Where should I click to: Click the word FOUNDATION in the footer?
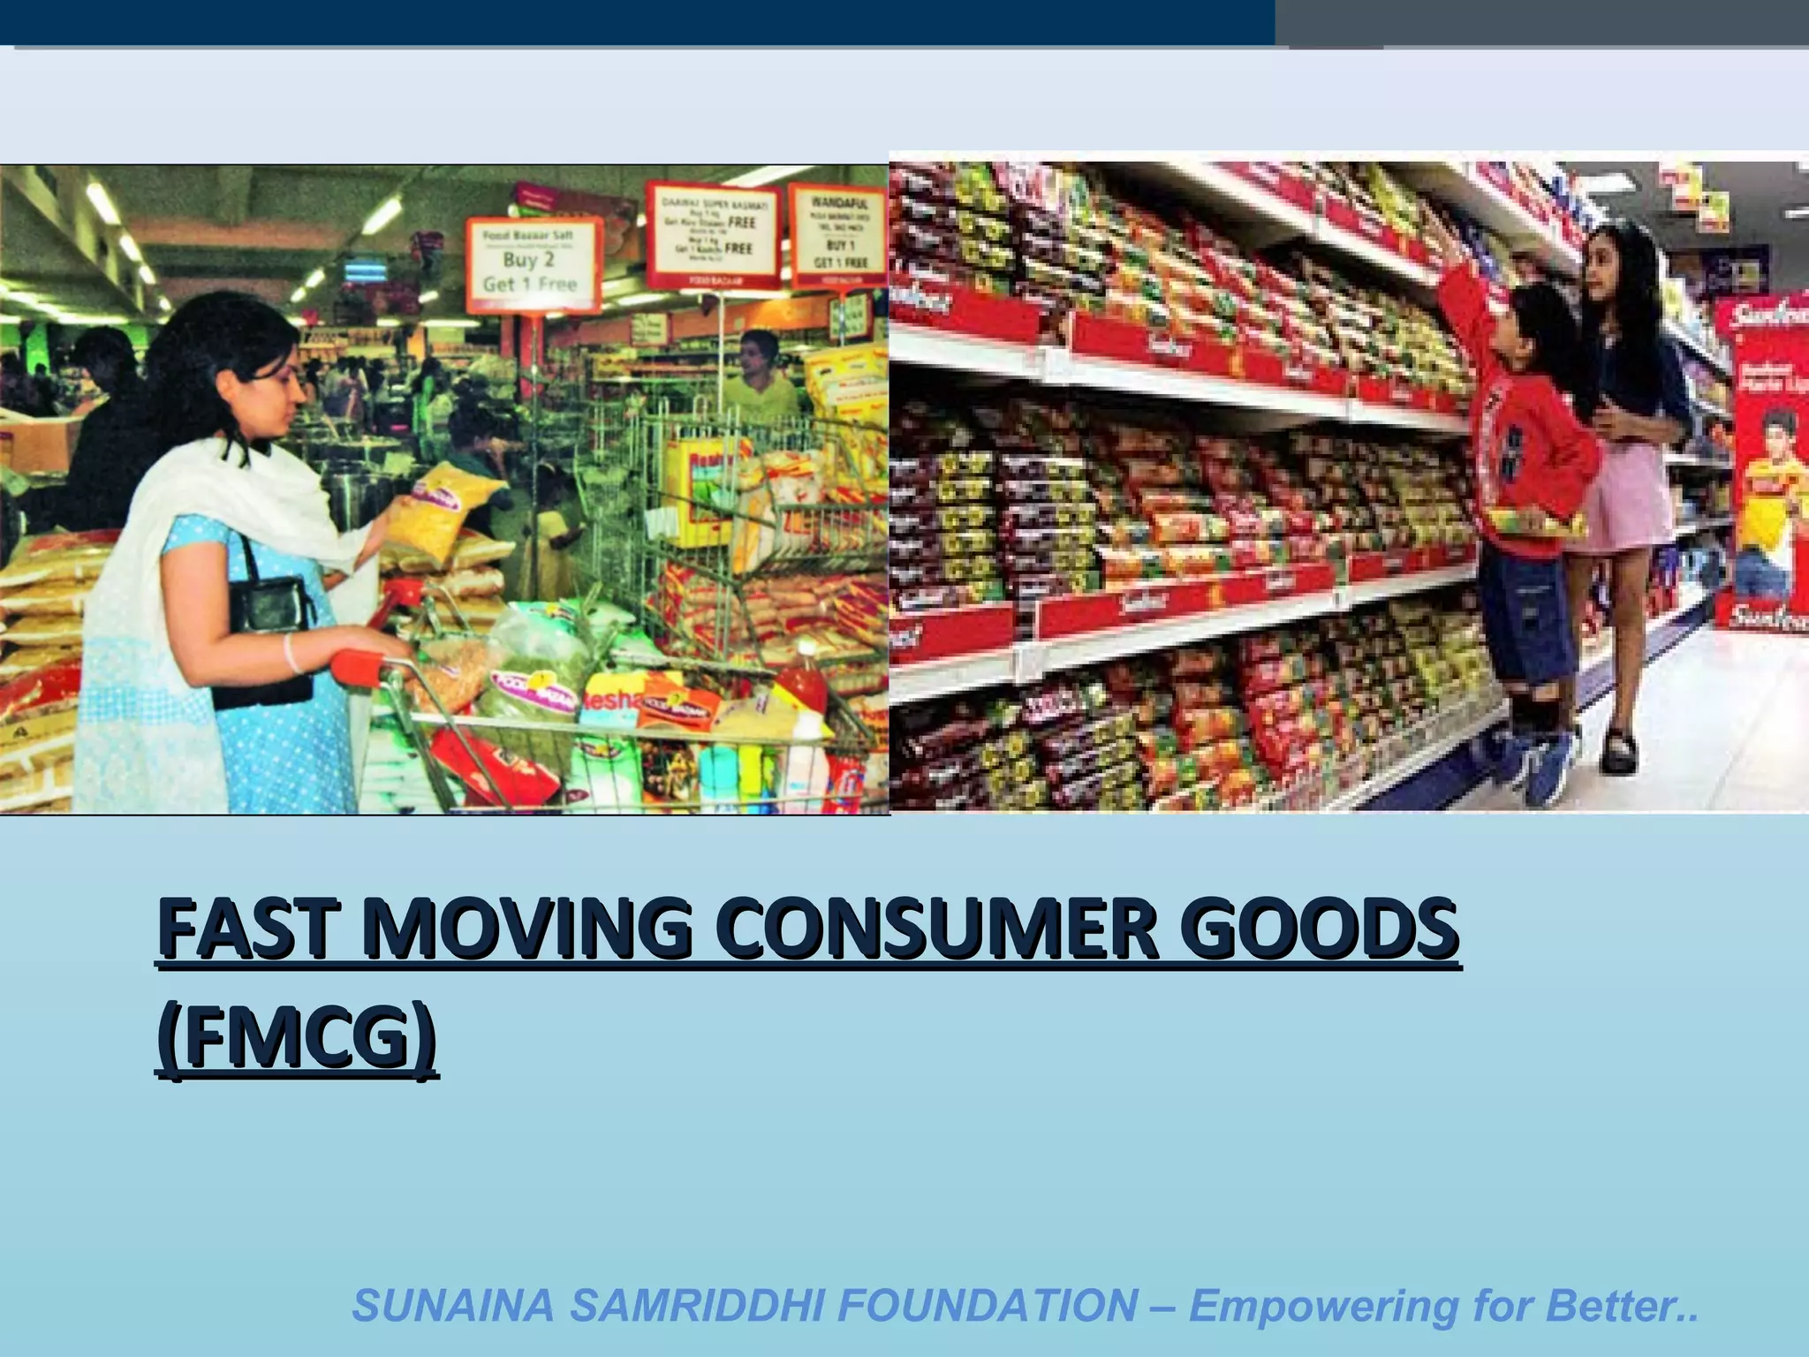(987, 1306)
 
